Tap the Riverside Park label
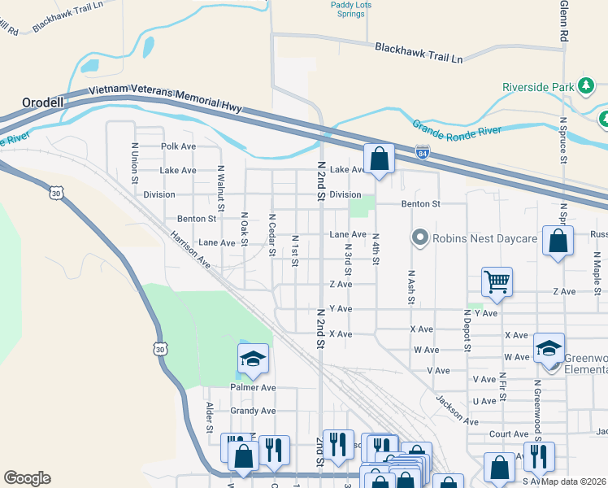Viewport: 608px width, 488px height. (537, 86)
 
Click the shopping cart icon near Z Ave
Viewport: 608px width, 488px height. (497, 281)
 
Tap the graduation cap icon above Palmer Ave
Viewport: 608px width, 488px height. (253, 358)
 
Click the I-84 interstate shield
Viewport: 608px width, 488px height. (421, 152)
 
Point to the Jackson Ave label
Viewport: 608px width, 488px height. (456, 410)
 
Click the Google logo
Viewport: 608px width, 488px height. (27, 478)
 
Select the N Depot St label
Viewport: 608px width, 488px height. (467, 329)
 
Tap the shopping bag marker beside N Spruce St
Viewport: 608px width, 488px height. (557, 242)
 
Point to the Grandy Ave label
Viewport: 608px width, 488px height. (253, 411)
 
